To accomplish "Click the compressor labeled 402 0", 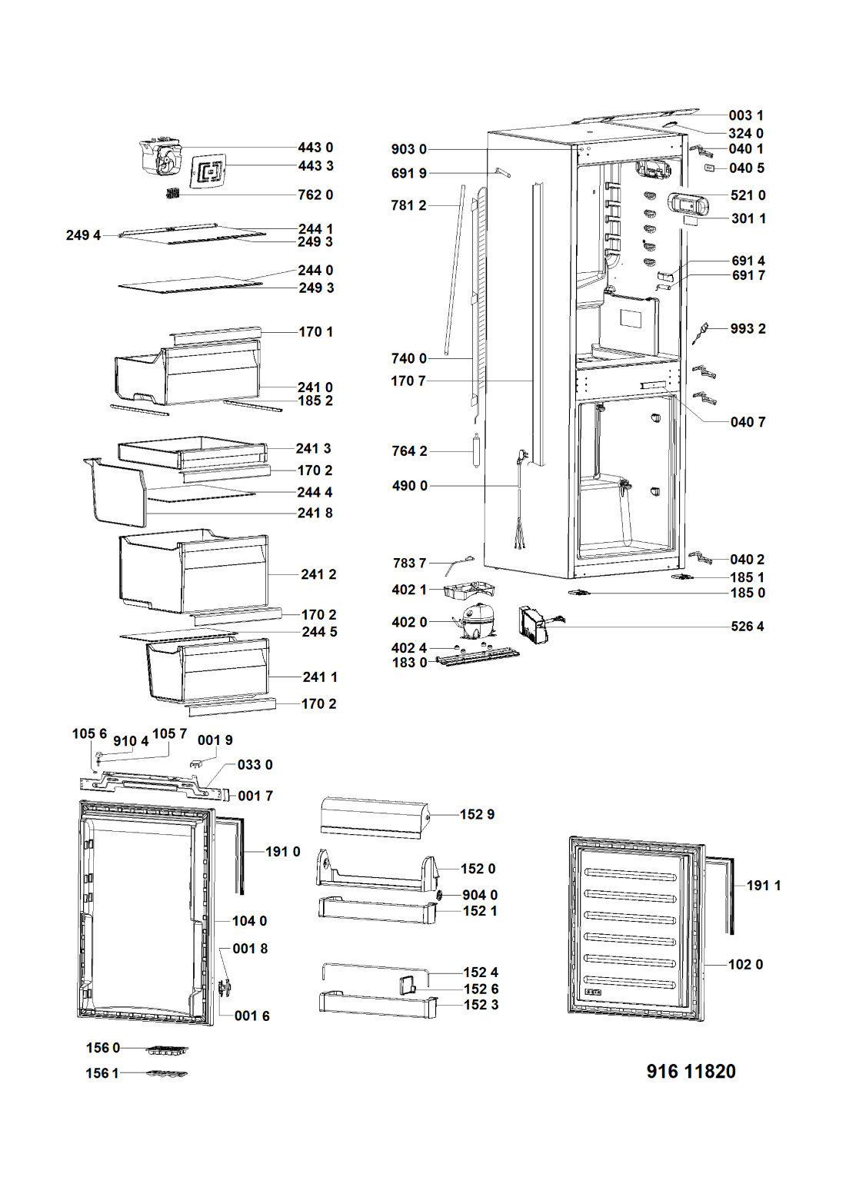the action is coord(475,620).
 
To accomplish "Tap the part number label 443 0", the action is coord(315,147).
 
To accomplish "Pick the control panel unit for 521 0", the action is coord(687,203).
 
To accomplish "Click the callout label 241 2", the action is coord(318,574).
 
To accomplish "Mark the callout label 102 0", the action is coord(745,965).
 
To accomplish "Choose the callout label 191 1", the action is coord(764,886).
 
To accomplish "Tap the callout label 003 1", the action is coord(746,115).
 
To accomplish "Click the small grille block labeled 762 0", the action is coord(172,194).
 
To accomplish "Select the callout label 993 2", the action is coord(748,328).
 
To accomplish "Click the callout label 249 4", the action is coord(83,235).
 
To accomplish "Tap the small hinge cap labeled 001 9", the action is coord(197,763).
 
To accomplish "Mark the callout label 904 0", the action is coord(480,895).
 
